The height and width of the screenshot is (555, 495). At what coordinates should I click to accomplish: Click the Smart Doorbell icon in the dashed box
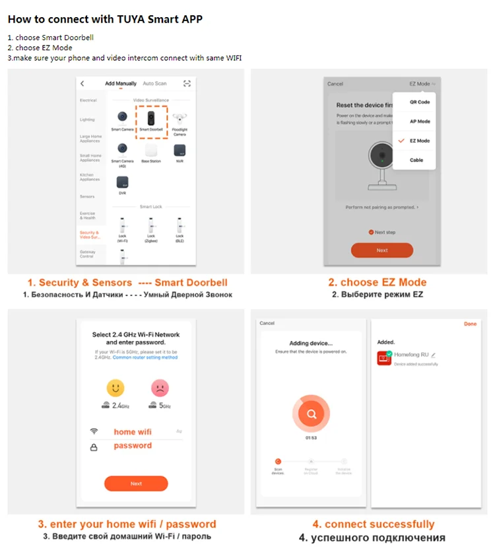(x=151, y=119)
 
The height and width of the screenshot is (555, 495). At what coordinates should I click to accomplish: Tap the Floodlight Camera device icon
(x=179, y=120)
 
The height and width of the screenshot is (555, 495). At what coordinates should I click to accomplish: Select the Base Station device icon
(x=151, y=150)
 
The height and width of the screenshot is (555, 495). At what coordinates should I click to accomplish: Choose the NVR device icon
(x=179, y=150)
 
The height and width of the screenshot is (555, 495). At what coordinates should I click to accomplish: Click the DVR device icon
(x=122, y=181)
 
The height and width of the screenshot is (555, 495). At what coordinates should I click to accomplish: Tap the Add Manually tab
(x=121, y=84)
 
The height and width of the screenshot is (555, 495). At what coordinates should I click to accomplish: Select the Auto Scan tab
(x=155, y=84)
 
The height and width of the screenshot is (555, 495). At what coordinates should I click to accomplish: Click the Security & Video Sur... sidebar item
(x=89, y=235)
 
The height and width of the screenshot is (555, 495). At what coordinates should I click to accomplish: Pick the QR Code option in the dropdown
(x=419, y=102)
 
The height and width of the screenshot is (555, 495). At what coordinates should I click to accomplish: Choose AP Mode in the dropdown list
(x=419, y=122)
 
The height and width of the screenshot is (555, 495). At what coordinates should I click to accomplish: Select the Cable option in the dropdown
(x=416, y=160)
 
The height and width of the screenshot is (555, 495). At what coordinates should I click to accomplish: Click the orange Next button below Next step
(x=381, y=250)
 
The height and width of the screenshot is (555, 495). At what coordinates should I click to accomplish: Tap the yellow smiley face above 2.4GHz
(x=115, y=387)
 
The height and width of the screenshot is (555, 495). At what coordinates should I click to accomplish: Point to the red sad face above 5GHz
(x=160, y=387)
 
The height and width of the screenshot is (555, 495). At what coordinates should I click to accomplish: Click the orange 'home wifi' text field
(x=132, y=431)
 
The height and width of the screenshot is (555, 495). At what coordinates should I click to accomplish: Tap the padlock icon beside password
(x=94, y=447)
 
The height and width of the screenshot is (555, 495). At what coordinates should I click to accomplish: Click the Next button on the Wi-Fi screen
(x=136, y=484)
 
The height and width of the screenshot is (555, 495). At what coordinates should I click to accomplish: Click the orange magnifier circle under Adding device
(x=310, y=414)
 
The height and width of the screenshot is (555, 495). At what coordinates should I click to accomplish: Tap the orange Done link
(x=470, y=324)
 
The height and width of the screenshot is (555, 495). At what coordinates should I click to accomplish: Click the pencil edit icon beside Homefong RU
(x=434, y=355)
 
